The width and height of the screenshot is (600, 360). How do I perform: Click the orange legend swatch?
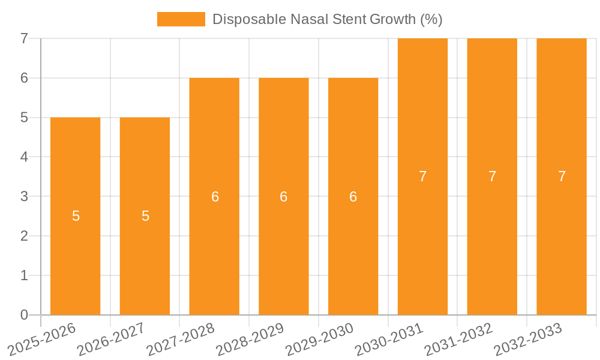point(181,19)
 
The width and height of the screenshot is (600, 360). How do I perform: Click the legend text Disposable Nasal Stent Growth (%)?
point(327,19)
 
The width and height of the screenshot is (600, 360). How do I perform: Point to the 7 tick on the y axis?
point(24,38)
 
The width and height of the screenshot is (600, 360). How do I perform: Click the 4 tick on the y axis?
point(24,157)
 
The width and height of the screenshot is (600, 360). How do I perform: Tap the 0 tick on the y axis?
point(24,315)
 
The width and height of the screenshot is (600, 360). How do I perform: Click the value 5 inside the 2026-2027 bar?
point(145,216)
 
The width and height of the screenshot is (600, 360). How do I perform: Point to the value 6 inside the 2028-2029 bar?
point(284,197)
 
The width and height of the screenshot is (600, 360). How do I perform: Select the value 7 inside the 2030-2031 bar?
point(422,176)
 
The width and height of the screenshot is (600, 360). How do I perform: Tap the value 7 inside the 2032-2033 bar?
point(562,176)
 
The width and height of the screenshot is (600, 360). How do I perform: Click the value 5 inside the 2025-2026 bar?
point(76,216)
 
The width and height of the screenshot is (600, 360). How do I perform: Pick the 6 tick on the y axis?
point(24,78)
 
